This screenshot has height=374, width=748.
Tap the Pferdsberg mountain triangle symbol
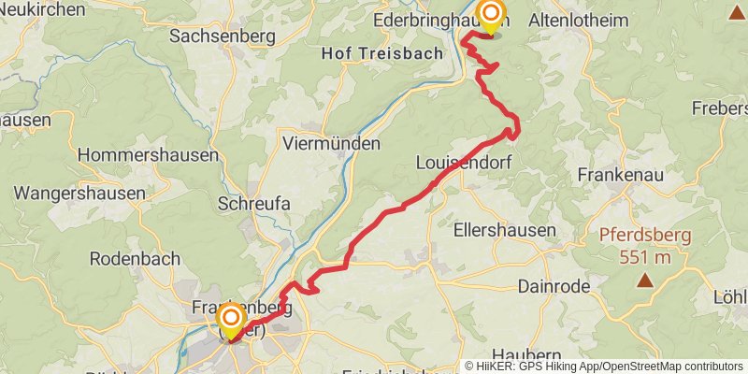pos(644,280)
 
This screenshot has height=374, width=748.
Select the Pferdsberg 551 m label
pos(645,246)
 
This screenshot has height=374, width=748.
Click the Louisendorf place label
pos(465,163)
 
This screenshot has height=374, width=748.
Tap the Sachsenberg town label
pos(222,36)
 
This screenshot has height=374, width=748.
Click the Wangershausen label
pos(79,194)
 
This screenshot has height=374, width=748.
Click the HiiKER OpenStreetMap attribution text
pos(603,367)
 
